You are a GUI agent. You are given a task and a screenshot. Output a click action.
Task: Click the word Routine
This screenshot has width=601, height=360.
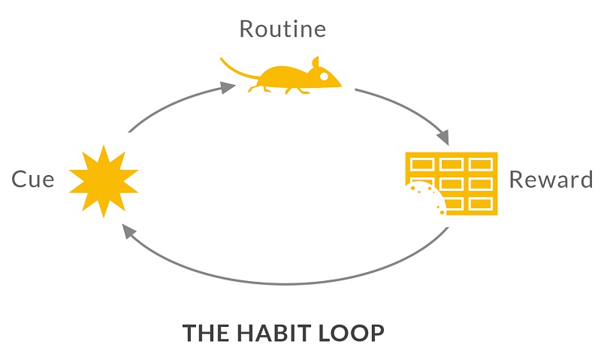(282, 29)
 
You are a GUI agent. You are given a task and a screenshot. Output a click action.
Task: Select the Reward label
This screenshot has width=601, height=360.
(551, 180)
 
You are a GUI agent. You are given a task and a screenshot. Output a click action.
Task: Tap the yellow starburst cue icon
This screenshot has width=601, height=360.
(104, 180)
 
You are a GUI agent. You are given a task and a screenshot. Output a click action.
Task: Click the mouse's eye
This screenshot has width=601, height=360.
(323, 75)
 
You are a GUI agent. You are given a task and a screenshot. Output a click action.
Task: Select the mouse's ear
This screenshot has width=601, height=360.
(315, 62)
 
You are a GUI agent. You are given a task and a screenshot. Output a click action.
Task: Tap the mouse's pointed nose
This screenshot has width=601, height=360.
(340, 82)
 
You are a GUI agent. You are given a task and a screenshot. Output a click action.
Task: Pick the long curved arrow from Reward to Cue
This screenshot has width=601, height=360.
(293, 285)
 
